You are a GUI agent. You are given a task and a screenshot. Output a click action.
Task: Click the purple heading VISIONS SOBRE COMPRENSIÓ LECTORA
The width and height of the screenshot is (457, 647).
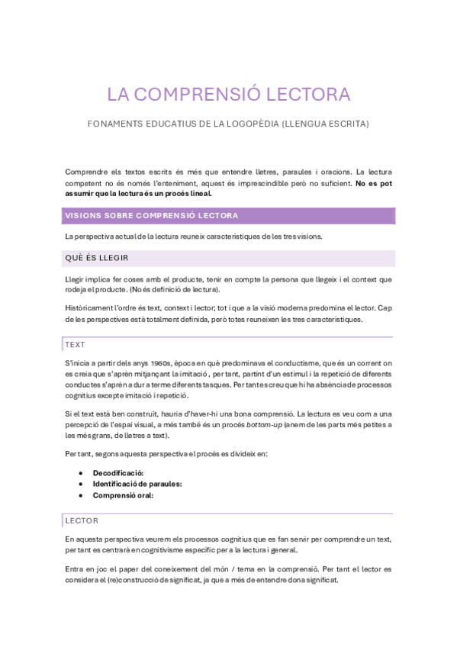152,216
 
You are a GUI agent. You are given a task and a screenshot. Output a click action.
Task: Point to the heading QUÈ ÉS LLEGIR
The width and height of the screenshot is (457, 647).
97,258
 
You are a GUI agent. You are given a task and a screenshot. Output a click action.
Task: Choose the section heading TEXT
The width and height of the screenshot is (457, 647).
76,345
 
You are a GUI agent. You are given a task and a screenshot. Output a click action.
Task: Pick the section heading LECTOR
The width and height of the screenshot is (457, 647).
82,520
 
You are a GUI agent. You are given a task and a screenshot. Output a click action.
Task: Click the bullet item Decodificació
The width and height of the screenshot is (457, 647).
118,473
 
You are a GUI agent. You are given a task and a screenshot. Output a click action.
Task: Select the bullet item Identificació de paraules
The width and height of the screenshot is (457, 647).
137,484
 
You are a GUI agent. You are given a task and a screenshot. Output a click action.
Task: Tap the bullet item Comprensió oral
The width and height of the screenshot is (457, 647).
123,494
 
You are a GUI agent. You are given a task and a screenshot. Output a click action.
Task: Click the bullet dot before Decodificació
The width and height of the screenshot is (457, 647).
82,473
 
